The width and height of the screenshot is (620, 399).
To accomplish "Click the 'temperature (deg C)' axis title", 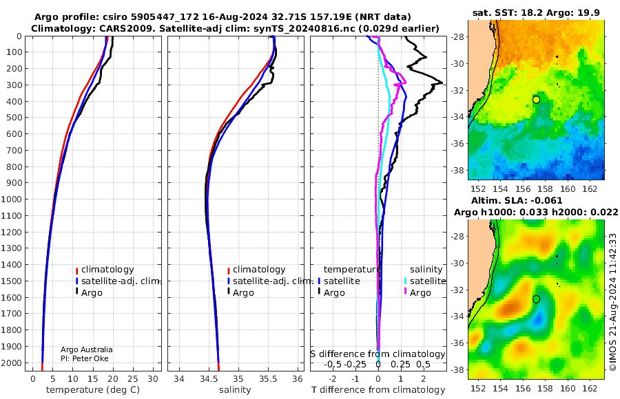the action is coord(93,390).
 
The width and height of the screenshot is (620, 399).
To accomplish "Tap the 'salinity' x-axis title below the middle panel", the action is coord(235,390).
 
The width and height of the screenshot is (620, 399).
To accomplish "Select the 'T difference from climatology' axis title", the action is coord(378,390).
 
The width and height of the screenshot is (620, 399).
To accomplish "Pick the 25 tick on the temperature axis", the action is coord(133,379).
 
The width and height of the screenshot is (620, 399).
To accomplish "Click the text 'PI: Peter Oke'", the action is coord(85,358).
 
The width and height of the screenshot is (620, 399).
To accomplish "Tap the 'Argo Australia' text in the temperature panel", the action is coord(87,349).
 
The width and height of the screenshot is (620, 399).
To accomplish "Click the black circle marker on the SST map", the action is coord(536,100).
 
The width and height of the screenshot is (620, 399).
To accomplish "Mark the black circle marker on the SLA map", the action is coord(536,299).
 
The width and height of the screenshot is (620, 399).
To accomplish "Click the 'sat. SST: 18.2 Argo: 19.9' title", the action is coord(536,13).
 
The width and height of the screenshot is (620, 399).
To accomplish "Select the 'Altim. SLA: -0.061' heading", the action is coord(517,201).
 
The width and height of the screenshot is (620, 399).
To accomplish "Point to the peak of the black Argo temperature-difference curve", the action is coord(442,83).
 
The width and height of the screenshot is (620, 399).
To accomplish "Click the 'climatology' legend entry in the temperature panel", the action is coord(105,270).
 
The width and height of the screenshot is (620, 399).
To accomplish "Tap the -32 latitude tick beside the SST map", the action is coord(457,90).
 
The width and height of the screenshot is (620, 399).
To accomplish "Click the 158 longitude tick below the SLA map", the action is coord(546,388).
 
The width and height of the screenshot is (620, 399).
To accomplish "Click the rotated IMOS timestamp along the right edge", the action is coord(613,302).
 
